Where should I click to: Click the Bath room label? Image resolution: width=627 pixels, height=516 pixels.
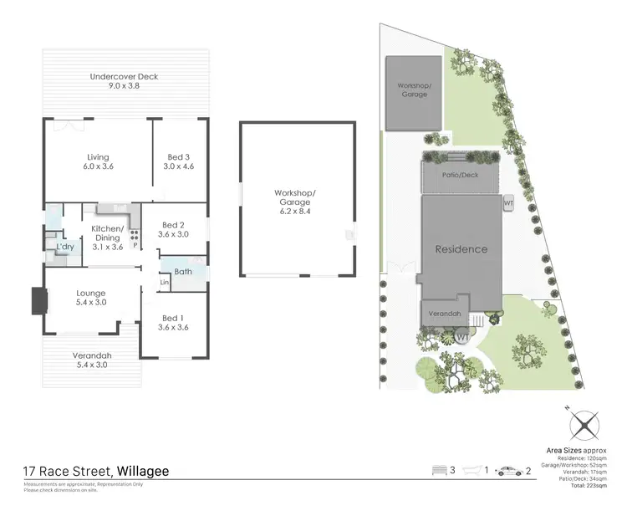point(183,272)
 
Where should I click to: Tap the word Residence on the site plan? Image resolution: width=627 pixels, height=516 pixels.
point(460,249)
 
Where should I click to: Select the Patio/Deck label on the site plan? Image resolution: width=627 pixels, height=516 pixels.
point(461,176)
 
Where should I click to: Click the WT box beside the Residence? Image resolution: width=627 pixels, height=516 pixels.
point(508,202)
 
